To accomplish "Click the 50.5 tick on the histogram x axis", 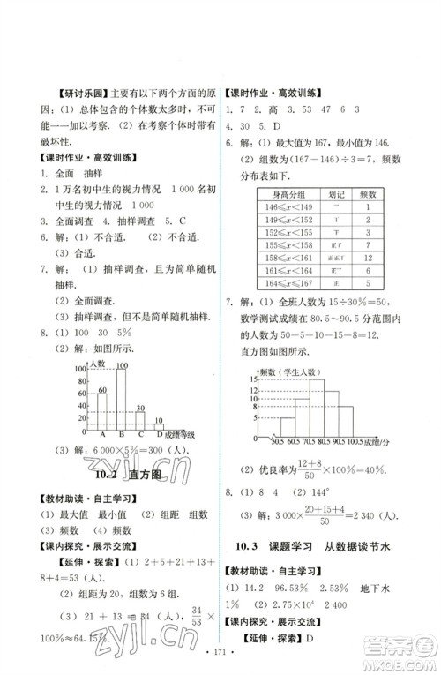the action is [x=276, y=440].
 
